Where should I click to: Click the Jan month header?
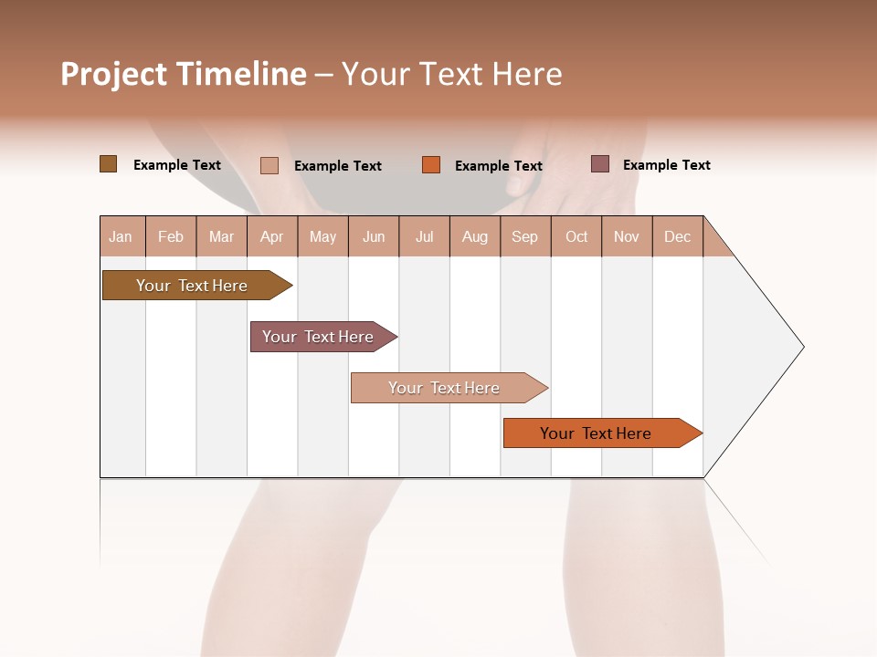[x=122, y=236]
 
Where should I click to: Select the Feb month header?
[x=171, y=236]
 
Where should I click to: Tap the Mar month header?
[x=221, y=236]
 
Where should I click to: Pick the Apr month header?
[x=272, y=236]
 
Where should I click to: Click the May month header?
[x=322, y=236]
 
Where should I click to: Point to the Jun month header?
[x=374, y=236]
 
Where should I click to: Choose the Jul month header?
[x=424, y=236]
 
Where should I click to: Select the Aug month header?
[x=475, y=236]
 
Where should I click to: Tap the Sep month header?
[x=525, y=236]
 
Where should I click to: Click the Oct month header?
[x=576, y=236]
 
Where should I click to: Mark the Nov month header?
[x=627, y=236]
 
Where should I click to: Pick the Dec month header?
[x=678, y=236]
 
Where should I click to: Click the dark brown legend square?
[x=109, y=164]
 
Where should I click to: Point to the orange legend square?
[x=431, y=165]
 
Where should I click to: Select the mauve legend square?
[x=600, y=164]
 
